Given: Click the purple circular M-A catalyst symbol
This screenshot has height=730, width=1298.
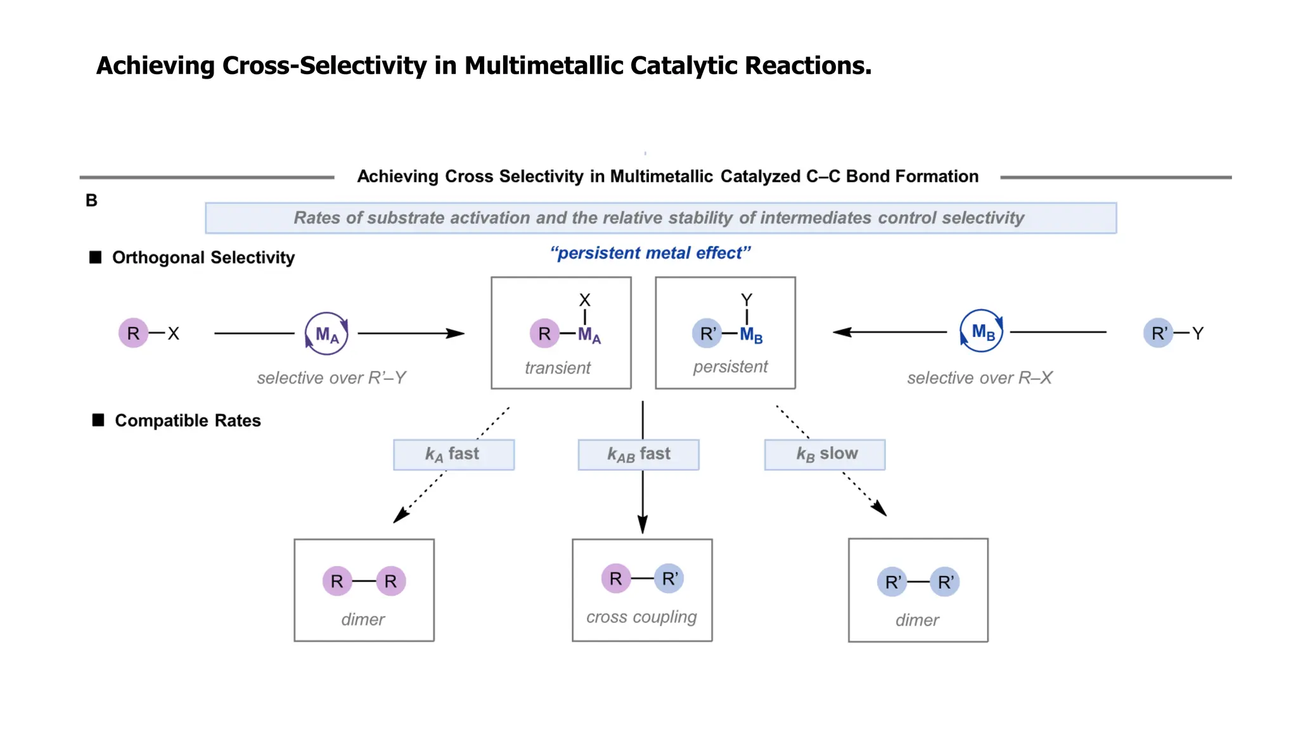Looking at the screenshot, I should [326, 333].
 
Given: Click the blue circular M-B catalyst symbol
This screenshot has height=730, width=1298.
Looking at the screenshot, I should [982, 331].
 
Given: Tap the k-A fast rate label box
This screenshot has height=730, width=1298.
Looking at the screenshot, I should [453, 454].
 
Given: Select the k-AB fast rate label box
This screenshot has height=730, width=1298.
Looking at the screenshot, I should [638, 454].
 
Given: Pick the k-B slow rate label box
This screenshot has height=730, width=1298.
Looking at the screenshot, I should [825, 454].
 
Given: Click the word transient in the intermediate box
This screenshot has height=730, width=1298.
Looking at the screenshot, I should [557, 368].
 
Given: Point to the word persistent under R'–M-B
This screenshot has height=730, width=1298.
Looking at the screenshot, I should [730, 366].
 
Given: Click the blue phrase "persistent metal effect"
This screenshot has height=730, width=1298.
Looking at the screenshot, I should [650, 253].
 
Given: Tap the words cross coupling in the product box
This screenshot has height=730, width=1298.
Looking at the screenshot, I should [641, 617].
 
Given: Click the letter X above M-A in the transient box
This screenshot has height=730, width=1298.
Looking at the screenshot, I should [584, 300].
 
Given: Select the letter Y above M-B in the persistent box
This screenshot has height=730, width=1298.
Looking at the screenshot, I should [747, 299].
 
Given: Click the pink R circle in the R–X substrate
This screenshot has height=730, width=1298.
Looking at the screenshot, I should [133, 333].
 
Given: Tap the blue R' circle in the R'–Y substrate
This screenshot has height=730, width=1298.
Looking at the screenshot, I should [1158, 333].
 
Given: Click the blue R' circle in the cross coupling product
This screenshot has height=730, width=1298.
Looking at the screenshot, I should [669, 579].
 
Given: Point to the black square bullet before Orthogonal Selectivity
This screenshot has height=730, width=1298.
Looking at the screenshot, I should [96, 257].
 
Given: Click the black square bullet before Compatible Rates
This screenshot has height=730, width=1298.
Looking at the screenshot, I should [98, 420].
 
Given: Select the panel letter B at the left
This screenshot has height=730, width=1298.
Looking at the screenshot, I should [91, 201].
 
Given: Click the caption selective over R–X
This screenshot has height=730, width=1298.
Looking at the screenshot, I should [979, 378].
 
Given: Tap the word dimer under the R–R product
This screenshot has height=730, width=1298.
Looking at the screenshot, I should [363, 619].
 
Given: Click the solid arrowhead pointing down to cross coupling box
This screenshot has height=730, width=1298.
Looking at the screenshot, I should [643, 524].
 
